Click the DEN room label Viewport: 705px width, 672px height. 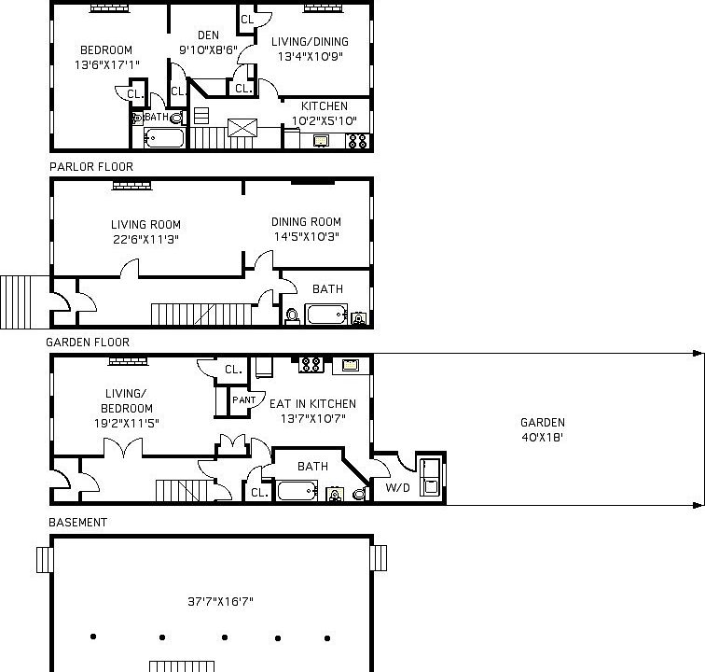click(x=208, y=35)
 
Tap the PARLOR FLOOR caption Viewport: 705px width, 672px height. click(x=91, y=167)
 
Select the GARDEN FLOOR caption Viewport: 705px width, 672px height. click(x=88, y=343)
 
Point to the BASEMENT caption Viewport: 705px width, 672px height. click(x=77, y=523)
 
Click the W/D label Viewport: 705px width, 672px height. click(x=397, y=488)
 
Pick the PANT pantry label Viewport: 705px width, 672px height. click(x=243, y=399)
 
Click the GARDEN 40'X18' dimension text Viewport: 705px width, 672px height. click(x=542, y=430)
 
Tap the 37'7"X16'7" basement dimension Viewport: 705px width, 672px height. click(x=220, y=602)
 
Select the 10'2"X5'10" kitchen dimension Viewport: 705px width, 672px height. click(x=325, y=121)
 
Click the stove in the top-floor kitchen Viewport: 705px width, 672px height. click(x=357, y=141)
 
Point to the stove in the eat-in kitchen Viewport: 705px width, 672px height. click(x=311, y=364)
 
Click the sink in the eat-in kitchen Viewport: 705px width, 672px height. click(x=351, y=365)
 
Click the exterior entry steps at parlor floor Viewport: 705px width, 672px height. click(x=25, y=302)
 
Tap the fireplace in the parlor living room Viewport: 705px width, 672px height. click(x=131, y=186)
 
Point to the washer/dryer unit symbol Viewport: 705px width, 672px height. click(x=430, y=477)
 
